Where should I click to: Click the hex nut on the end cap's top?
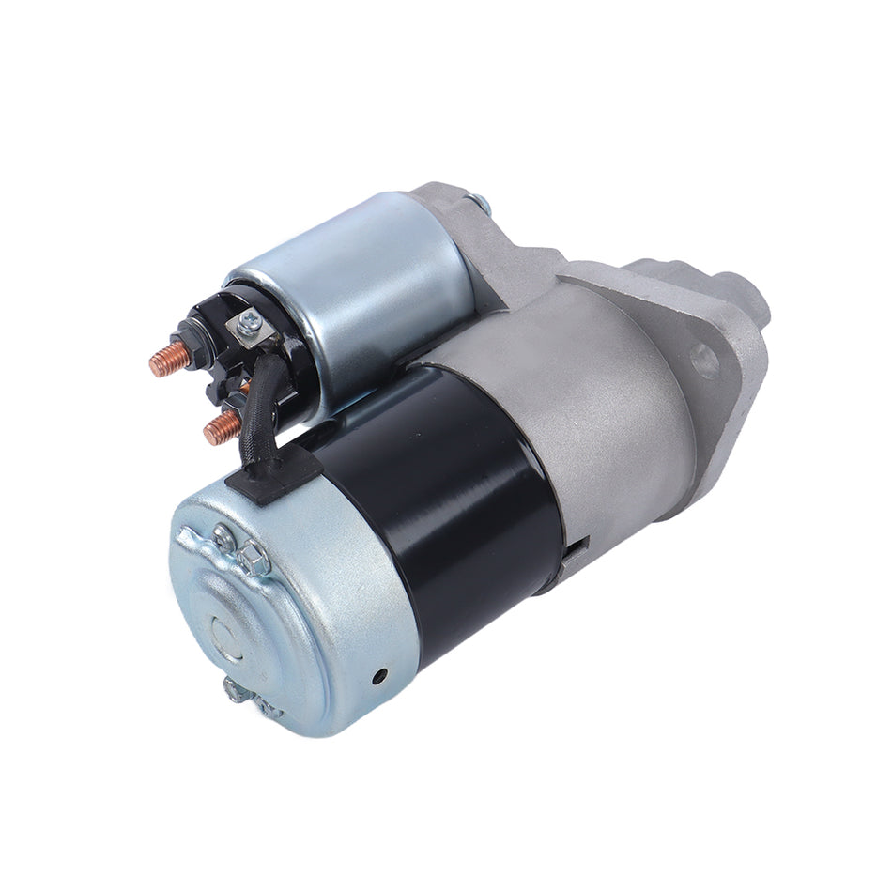click(x=253, y=561)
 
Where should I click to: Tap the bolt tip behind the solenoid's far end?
click(x=480, y=201)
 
